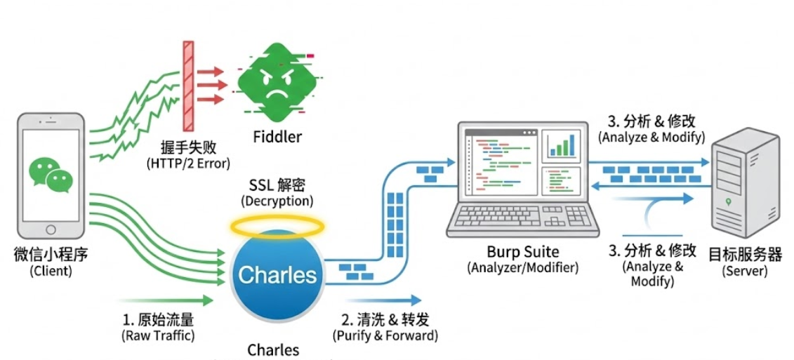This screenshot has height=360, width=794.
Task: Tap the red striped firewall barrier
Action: click(x=188, y=86)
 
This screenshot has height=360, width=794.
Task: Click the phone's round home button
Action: click(x=50, y=229)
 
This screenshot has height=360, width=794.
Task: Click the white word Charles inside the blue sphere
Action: click(x=277, y=274)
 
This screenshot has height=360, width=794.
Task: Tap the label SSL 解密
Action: click(x=277, y=185)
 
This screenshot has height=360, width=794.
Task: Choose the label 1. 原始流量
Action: click(x=158, y=320)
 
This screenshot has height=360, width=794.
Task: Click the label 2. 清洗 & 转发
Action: click(x=385, y=320)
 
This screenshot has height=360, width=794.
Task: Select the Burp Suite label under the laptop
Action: click(x=522, y=251)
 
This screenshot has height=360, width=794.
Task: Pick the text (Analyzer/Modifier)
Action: click(x=522, y=267)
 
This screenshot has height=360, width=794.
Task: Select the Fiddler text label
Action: click(x=277, y=137)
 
